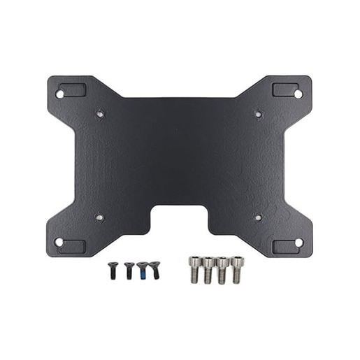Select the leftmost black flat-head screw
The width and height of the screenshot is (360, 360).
112,269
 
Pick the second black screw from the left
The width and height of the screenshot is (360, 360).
129,269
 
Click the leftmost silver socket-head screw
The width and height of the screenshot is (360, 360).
194,269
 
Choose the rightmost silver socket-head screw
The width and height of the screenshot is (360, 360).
237,268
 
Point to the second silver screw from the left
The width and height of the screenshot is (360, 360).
208,270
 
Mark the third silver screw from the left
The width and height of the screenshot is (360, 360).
222,270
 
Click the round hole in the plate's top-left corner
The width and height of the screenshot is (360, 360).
59,94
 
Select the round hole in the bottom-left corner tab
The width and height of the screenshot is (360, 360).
59,243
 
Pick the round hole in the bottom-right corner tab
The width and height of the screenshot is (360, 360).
298,243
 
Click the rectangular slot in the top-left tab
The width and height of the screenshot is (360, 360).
73,89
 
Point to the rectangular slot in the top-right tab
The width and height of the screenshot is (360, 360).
285,89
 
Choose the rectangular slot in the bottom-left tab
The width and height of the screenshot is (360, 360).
73,247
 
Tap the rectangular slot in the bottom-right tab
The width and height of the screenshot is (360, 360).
285,247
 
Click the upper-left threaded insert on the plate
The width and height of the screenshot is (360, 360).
100,113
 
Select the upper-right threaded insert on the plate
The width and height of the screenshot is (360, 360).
258,113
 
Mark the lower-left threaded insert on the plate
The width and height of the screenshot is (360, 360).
100,217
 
